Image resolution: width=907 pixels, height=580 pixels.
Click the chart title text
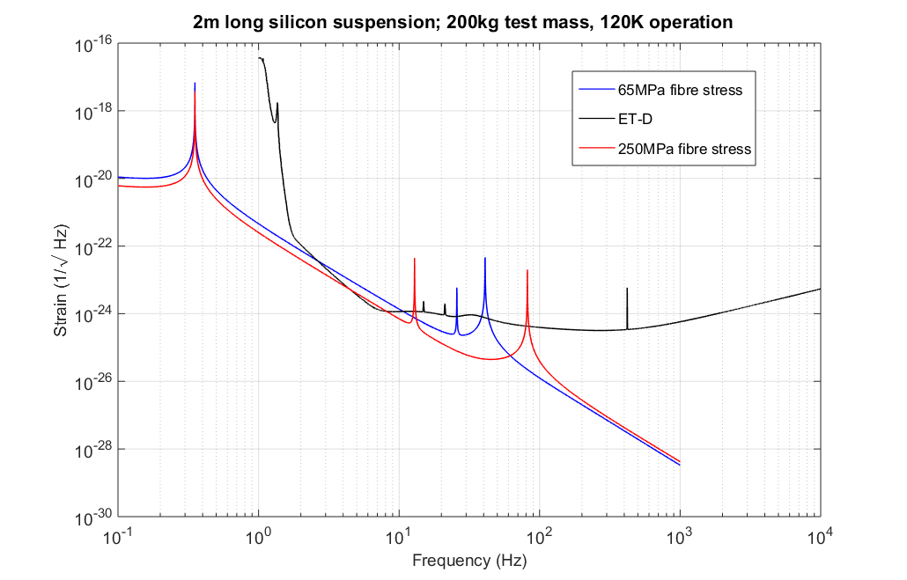463,23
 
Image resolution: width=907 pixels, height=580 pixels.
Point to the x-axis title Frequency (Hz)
469,560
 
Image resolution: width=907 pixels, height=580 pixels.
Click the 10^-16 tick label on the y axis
95,44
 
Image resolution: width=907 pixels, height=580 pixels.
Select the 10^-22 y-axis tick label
95,246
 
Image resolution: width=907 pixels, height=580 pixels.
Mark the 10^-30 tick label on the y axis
95,517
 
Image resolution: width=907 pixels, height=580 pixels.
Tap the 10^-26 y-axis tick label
95,382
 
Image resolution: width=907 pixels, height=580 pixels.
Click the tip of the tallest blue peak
195,83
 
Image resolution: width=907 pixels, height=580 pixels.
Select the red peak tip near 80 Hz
527,270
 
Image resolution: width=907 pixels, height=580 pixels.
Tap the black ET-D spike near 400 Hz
627,288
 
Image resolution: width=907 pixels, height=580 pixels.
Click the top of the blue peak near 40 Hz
485,258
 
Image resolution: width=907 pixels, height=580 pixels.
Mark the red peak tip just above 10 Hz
415,259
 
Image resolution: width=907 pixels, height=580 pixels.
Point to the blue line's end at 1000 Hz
680,465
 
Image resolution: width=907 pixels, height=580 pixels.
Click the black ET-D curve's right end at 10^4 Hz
820,289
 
